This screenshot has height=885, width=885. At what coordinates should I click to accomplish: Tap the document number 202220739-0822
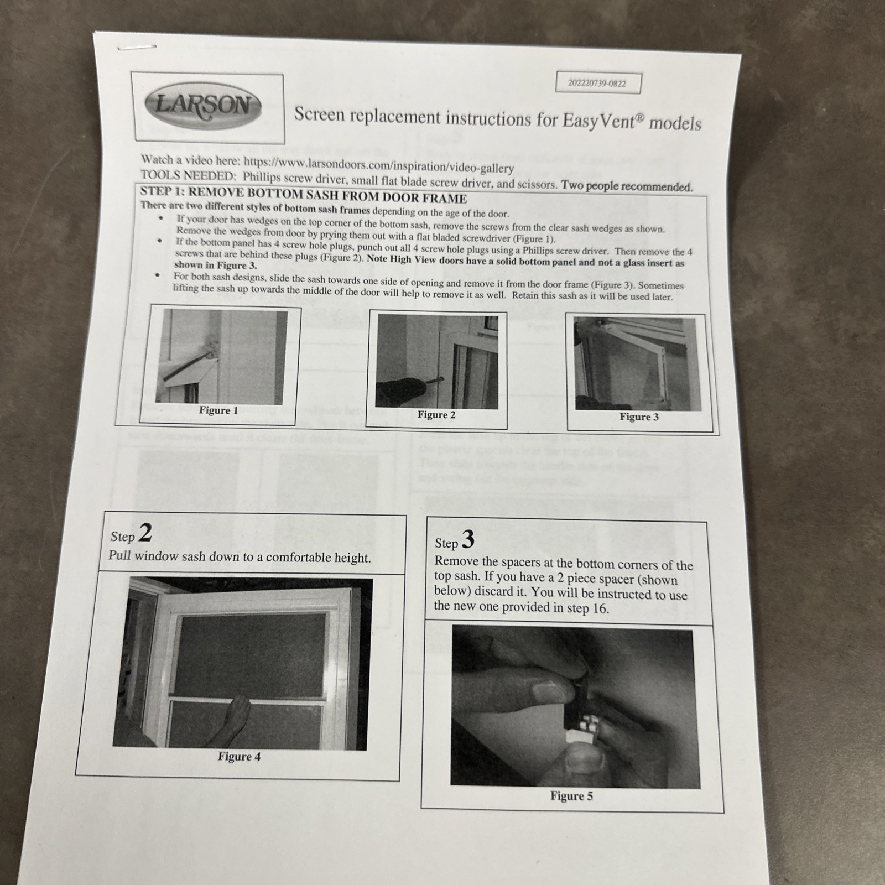pos(597,84)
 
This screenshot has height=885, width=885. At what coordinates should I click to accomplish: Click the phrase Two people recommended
pos(626,186)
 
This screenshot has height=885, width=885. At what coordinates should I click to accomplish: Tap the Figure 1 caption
pos(218,410)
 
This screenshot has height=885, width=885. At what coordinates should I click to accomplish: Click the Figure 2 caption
pos(436,415)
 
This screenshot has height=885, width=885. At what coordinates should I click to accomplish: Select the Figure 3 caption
pos(639,417)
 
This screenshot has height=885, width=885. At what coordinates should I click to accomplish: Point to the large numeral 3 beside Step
pos(468,539)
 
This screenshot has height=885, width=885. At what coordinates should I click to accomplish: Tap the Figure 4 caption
pos(239,757)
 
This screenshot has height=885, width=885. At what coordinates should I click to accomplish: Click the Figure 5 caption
pos(571,796)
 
